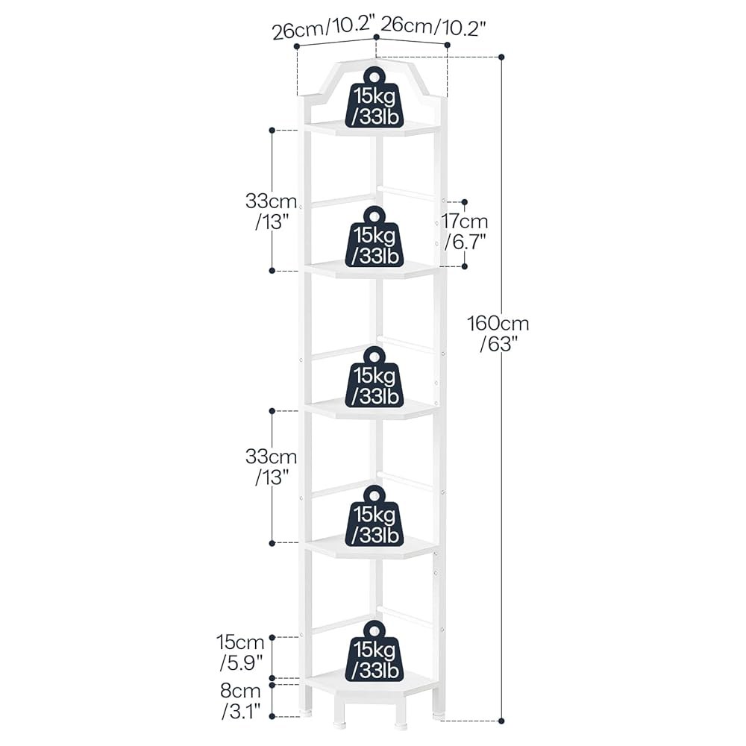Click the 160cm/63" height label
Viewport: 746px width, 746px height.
tap(498, 333)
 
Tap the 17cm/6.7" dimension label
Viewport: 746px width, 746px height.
tap(465, 231)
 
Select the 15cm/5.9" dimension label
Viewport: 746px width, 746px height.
tap(241, 652)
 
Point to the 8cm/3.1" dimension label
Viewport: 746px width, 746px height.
tap(241, 701)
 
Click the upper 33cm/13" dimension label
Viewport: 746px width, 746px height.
tap(272, 211)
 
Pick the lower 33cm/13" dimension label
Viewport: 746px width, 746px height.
tap(272, 466)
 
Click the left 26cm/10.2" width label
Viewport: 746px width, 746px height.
tap(321, 28)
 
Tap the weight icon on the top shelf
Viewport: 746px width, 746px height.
tap(374, 98)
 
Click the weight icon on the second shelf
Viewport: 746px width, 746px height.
tap(374, 236)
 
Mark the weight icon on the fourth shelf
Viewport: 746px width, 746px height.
tap(374, 515)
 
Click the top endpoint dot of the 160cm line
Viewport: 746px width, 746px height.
tap(501, 57)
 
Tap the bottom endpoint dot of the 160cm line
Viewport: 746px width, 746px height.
tap(501, 721)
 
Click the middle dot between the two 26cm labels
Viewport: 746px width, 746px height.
tap(376, 37)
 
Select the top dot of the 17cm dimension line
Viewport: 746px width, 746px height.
tap(465, 202)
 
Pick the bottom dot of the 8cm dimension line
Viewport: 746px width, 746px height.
tap(272, 716)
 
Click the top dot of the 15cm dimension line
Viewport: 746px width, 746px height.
tap(272, 637)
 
